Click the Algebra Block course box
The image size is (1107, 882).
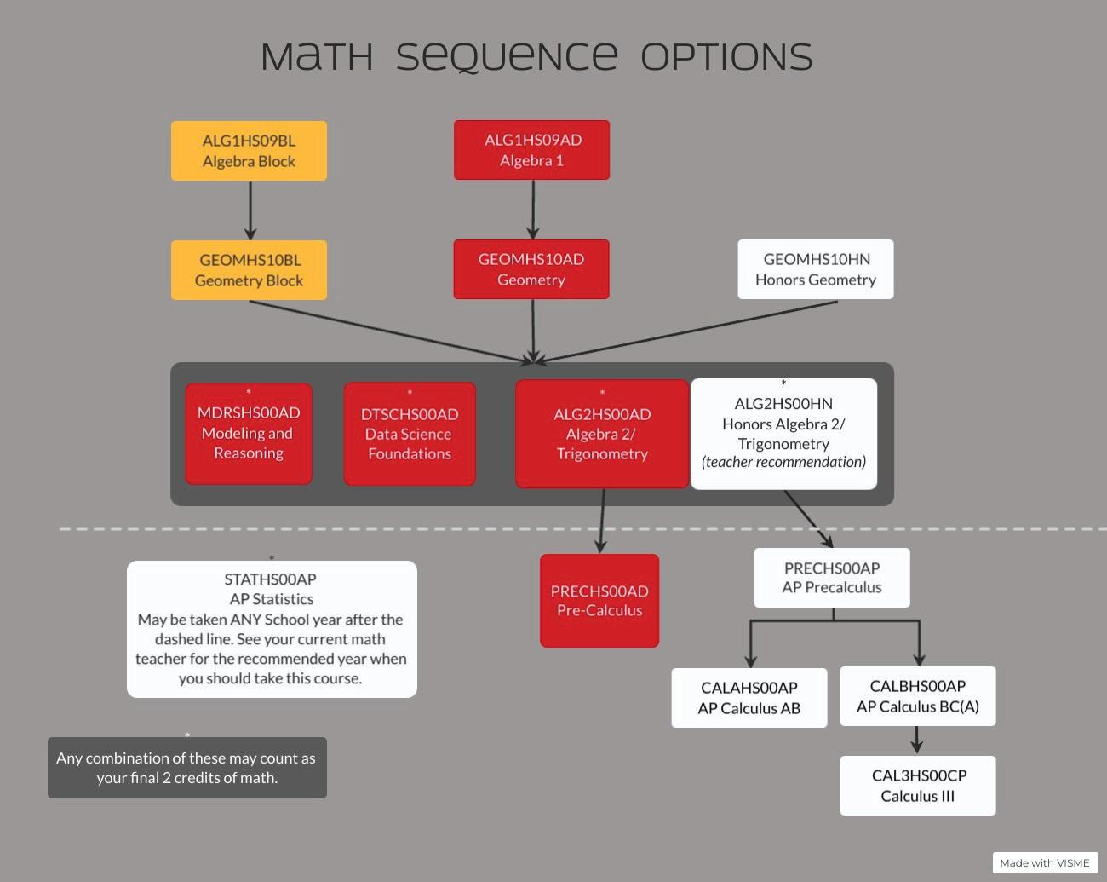click(x=249, y=151)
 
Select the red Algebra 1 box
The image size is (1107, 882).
click(x=531, y=150)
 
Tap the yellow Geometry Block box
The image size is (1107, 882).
click(x=249, y=270)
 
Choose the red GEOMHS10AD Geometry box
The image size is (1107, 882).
click(x=531, y=269)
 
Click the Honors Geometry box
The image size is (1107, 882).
click(x=815, y=269)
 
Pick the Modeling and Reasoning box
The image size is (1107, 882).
click(x=249, y=434)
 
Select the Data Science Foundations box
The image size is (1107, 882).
click(x=410, y=435)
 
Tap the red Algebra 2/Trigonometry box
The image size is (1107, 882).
click(x=602, y=434)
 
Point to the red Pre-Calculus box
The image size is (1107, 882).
click(x=599, y=601)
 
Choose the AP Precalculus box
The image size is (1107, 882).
click(x=832, y=578)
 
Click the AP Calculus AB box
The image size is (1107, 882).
click(x=749, y=698)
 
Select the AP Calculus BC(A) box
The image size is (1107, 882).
click(x=917, y=696)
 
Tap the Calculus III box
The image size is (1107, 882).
click(x=917, y=786)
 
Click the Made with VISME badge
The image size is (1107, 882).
click(x=1045, y=862)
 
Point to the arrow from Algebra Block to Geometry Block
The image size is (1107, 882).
click(x=250, y=210)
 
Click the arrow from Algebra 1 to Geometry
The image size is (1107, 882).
click(x=533, y=209)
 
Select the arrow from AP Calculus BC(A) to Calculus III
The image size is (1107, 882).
click(x=916, y=740)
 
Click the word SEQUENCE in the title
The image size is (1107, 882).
click(x=507, y=57)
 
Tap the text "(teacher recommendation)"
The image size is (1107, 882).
click(x=783, y=462)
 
